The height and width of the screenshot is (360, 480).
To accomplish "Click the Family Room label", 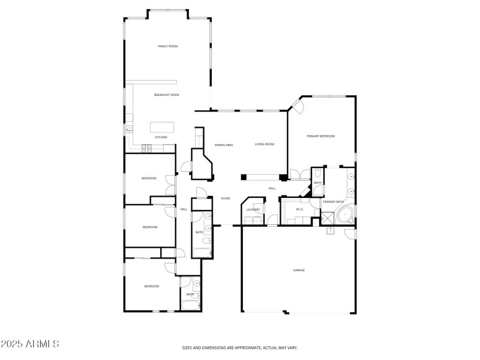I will tap(167, 46).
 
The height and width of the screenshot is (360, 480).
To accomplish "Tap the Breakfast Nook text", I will tap(166, 95).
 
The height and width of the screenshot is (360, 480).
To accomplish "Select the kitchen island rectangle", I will tap(161, 127).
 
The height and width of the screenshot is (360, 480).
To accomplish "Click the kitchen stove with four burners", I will tap(146, 148).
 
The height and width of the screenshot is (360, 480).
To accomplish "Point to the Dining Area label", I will tap(224, 145).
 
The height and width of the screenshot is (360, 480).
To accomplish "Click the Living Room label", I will tap(264, 145).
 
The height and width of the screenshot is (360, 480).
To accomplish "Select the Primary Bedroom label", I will tap(320, 137).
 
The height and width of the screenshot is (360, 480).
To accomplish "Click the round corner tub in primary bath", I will tap(346, 215).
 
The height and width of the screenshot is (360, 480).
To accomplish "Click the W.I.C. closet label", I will tap(299, 209).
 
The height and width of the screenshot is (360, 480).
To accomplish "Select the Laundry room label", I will tap(253, 209).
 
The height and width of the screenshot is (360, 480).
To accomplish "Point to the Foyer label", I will tap(225, 199).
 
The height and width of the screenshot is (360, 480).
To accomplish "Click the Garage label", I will tap(299, 270).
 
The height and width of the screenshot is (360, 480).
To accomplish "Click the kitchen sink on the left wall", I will tap(128, 128).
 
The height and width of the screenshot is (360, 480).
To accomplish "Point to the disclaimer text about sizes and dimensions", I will tap(239, 347).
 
